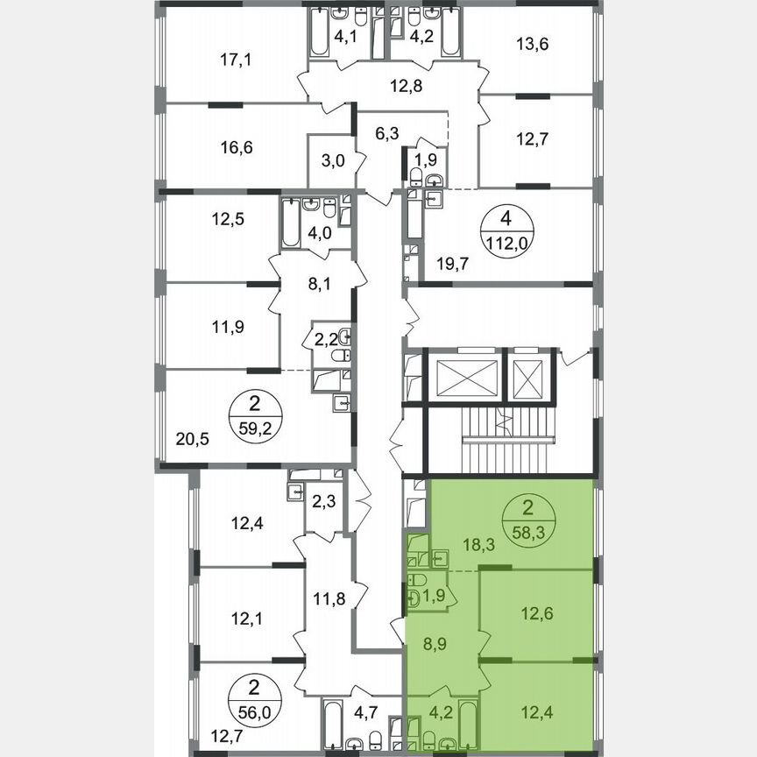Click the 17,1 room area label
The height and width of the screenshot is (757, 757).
click(x=234, y=60)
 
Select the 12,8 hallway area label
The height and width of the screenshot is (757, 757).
click(x=407, y=85)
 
